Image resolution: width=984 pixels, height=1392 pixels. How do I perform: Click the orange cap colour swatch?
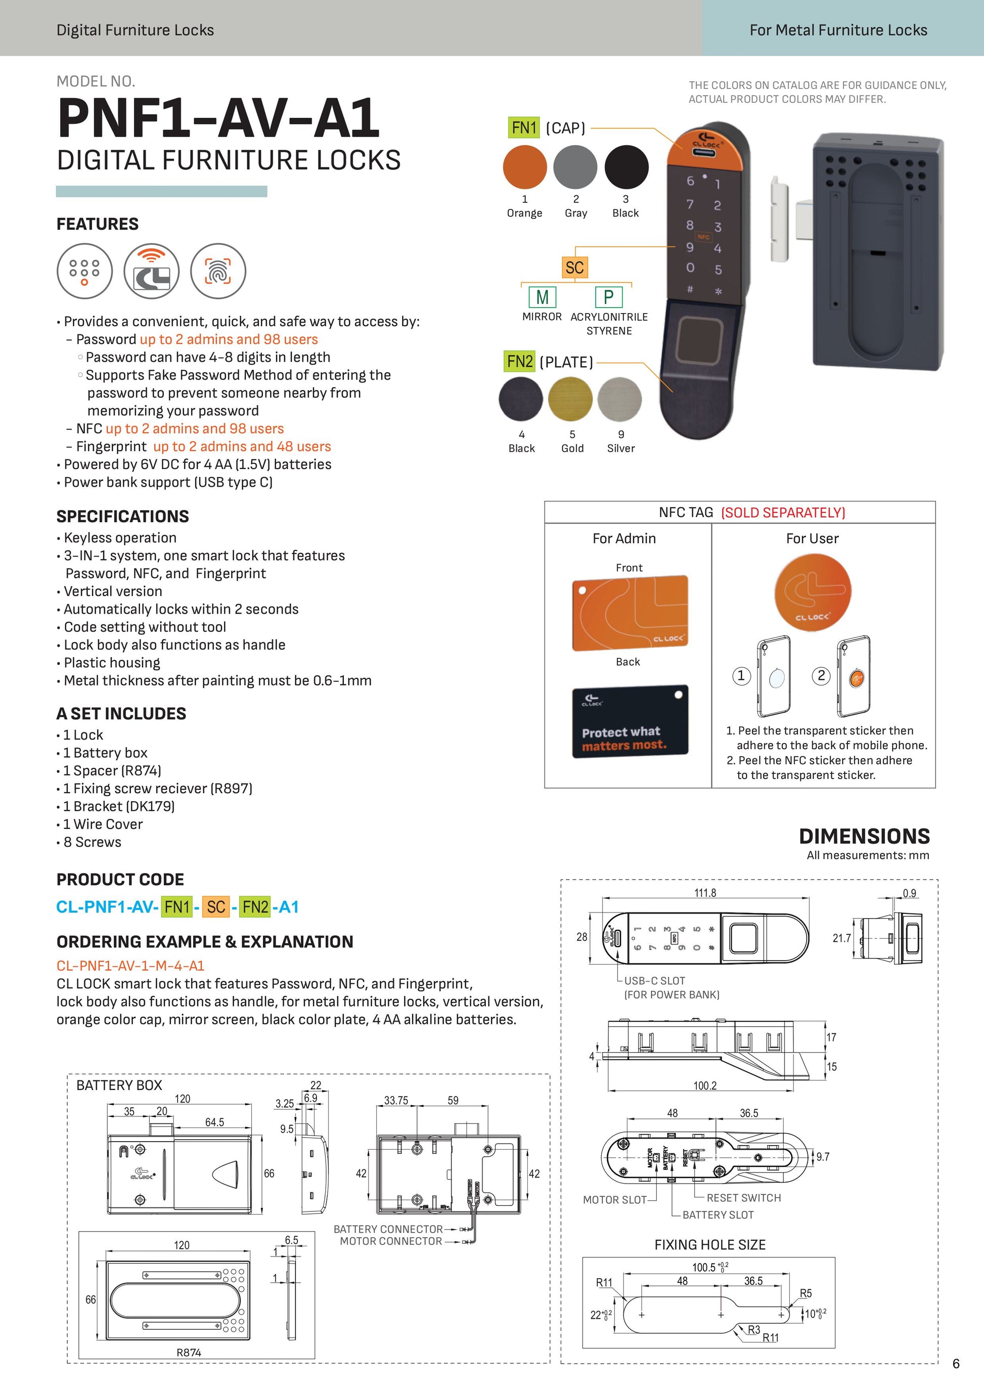click(525, 167)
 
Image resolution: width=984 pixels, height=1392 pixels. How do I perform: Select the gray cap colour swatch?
click(575, 167)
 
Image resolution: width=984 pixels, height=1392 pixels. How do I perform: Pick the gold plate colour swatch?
click(570, 399)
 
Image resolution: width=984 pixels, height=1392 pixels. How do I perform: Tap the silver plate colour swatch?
click(619, 399)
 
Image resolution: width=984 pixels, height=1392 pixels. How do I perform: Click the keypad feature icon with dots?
click(85, 271)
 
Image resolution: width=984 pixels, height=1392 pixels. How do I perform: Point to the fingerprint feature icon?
click(218, 271)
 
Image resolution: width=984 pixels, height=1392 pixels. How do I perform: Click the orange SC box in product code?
click(216, 907)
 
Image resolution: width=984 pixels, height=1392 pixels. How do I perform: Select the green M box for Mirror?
click(542, 297)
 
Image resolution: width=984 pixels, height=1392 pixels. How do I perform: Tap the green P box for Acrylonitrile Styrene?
click(608, 297)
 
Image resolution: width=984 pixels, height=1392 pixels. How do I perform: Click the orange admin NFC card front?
click(630, 613)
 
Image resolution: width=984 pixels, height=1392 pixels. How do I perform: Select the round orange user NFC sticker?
click(813, 591)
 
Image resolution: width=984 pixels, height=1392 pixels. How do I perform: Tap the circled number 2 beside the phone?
click(821, 675)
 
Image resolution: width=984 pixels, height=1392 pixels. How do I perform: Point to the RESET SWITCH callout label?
click(743, 1198)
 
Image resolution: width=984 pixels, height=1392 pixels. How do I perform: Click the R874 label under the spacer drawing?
click(189, 1353)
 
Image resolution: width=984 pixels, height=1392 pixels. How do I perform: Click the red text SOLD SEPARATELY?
click(783, 513)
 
